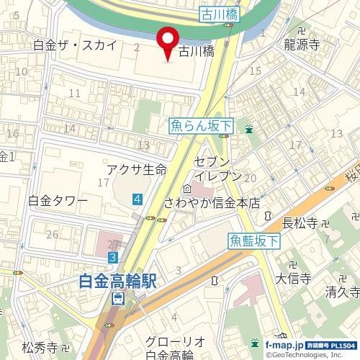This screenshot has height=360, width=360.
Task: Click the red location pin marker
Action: (x=168, y=41)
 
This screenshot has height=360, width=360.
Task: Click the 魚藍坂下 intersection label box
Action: (x=254, y=242)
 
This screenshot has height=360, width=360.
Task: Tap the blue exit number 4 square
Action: (x=137, y=199)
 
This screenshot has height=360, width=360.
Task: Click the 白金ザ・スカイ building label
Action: (x=75, y=45)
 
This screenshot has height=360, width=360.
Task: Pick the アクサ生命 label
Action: (x=136, y=169)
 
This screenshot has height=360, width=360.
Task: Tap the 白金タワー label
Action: (x=58, y=200)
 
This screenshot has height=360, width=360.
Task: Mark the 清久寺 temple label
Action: (x=341, y=292)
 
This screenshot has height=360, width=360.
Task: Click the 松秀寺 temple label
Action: (x=40, y=347)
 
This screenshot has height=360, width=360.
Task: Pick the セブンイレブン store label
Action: (x=212, y=168)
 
